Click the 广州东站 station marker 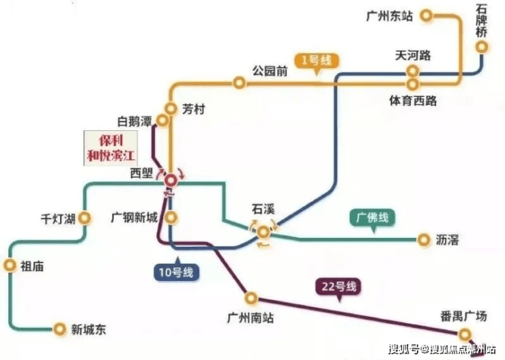click(x=427, y=15)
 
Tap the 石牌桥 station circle click(x=482, y=47)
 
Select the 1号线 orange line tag click(x=317, y=61)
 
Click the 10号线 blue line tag click(x=176, y=272)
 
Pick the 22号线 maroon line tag click(x=338, y=286)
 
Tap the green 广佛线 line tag click(x=373, y=218)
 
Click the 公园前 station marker click(x=239, y=82)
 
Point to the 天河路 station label click(x=413, y=55)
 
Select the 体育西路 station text click(x=413, y=101)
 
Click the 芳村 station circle click(x=171, y=108)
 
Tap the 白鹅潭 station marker click(x=162, y=120)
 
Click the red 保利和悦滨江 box click(x=111, y=148)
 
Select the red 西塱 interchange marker click(x=171, y=181)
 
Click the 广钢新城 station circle click(x=171, y=217)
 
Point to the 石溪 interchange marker click(x=263, y=232)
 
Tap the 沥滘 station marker click(x=424, y=240)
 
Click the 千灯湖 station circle click(x=85, y=218)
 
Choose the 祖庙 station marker click(x=10, y=266)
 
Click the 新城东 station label click(x=89, y=329)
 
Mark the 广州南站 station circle click(x=251, y=298)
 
